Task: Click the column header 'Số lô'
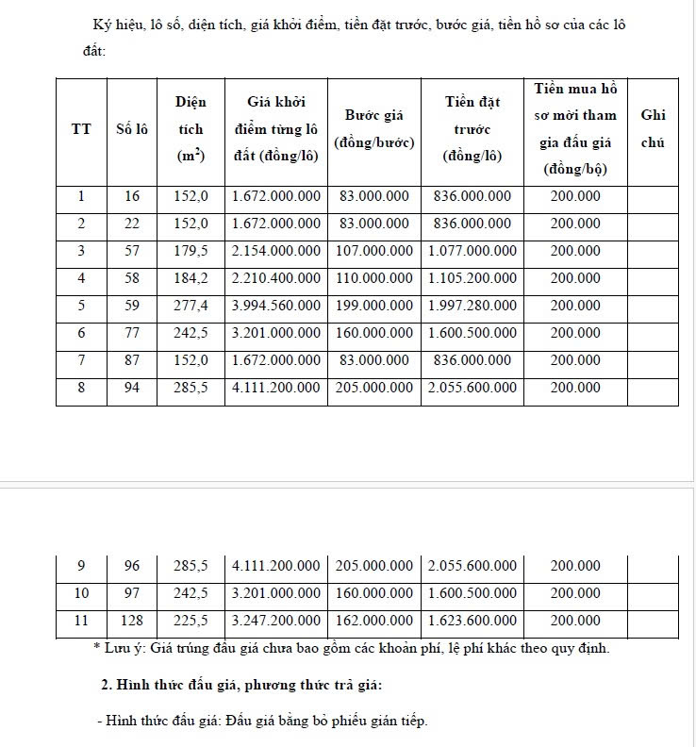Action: pos(131,129)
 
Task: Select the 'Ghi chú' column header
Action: pos(653,129)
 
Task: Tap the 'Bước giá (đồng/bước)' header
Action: pos(374,129)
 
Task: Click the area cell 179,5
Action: pos(191,252)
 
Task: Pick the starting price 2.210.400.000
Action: pos(276,279)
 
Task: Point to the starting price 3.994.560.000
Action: pos(276,307)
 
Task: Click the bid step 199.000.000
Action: pos(374,307)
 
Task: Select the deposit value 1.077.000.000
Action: pos(472,252)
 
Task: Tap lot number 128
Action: pos(131,621)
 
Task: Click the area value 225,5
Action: pos(191,621)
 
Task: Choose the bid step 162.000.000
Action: pos(374,621)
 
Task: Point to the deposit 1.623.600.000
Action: pos(472,621)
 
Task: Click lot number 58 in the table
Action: pos(131,279)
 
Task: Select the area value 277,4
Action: pos(191,307)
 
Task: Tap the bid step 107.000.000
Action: pos(374,252)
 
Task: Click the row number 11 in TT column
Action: pos(81,621)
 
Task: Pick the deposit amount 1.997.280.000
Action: pos(472,307)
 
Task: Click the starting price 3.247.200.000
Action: pos(276,621)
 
